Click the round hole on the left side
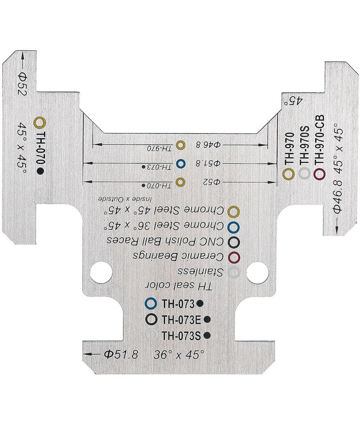click(x=101, y=272)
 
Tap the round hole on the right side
click(x=258, y=272)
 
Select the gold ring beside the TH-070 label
click(x=40, y=122)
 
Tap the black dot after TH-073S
click(x=207, y=335)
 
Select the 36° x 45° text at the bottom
click(x=179, y=355)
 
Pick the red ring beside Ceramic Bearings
click(x=234, y=257)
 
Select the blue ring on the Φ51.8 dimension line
click(x=181, y=164)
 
